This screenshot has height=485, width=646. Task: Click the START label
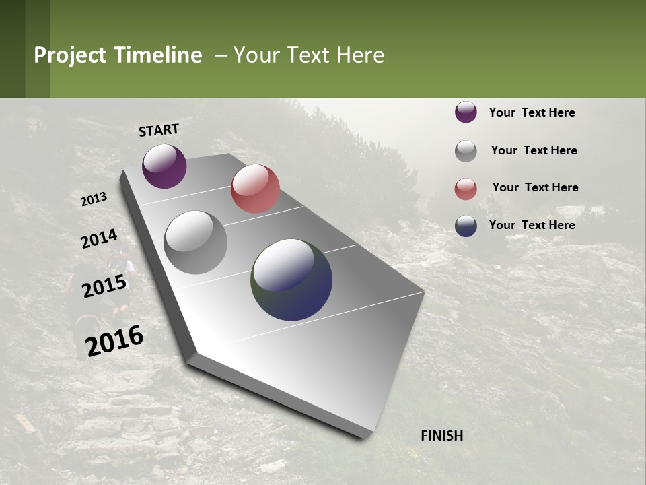coord(159,129)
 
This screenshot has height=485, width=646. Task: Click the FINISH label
coord(442,436)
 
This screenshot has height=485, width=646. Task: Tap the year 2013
coord(94,199)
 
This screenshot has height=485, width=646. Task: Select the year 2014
coord(100,238)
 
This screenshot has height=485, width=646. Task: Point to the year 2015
coord(104,286)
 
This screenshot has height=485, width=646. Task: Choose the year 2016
coord(114,340)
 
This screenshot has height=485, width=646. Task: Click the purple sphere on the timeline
coord(164,166)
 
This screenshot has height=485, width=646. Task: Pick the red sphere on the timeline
coord(255,189)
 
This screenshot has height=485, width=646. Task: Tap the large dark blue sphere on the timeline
coord(291,280)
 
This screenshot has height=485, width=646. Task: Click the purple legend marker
coord(466,112)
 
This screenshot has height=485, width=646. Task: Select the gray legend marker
coord(466,151)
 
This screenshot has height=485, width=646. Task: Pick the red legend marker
coord(466,189)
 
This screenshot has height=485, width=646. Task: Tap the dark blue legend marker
coord(466,226)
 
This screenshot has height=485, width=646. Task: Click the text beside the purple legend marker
coord(532,112)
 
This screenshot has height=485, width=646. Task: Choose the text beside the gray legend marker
coord(534,150)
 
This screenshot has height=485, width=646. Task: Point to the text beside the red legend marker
coord(535,187)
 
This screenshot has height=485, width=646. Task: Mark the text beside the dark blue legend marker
coord(532,225)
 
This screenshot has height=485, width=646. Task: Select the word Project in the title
coord(70,55)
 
